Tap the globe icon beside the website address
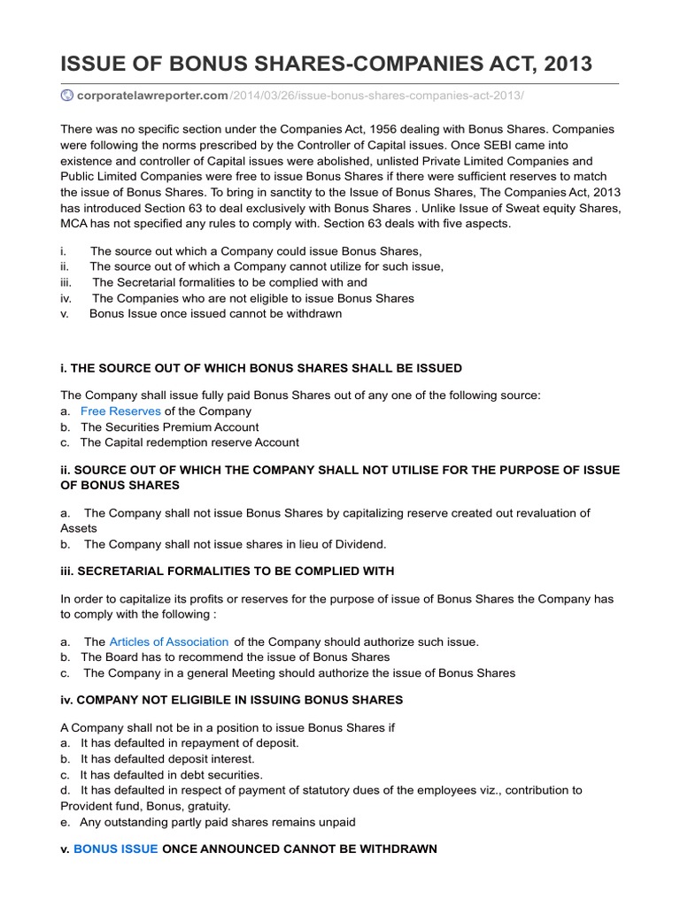point(66,95)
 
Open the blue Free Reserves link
point(120,411)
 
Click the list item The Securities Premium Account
point(169,427)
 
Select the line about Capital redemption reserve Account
point(189,442)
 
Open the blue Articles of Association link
point(168,641)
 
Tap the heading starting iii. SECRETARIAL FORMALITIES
point(228,572)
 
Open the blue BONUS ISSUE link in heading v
point(115,849)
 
